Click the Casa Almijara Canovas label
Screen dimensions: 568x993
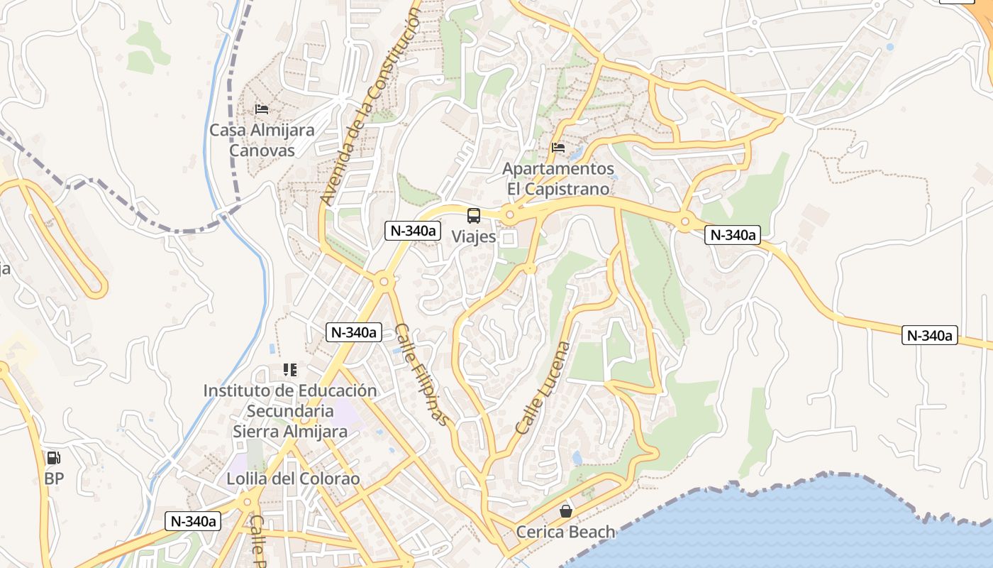coord(262,141)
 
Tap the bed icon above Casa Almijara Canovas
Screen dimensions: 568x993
coord(262,109)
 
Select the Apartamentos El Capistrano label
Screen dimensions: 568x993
coord(558,179)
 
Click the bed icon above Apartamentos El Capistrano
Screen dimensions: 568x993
coord(558,148)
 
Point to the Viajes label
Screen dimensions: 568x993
coord(474,236)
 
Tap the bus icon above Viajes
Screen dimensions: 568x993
coord(474,216)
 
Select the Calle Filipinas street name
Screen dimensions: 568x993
coord(423,374)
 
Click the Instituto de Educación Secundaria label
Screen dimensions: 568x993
coord(290,400)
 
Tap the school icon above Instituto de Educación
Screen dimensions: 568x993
coord(290,370)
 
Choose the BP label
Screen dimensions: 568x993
coord(54,479)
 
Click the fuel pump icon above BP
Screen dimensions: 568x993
coord(54,458)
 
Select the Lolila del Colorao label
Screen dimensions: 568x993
coord(293,479)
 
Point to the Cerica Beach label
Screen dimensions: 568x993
coord(565,532)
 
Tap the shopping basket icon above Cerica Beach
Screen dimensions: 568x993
coord(566,510)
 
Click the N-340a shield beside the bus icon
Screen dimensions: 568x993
coord(414,230)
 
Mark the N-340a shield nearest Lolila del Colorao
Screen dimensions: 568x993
coord(193,521)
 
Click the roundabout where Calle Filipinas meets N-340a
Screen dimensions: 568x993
coord(384,282)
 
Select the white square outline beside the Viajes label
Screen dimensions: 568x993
coord(508,239)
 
